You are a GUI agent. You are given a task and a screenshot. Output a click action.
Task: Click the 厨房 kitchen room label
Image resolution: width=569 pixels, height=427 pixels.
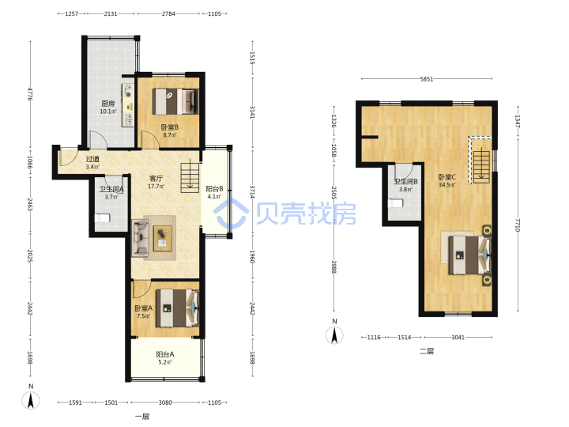click(x=108, y=104)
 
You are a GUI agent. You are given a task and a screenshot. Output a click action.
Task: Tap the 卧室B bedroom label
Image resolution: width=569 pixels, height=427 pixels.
click(x=169, y=127)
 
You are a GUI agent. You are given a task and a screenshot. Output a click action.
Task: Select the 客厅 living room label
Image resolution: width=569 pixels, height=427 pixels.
click(x=156, y=178)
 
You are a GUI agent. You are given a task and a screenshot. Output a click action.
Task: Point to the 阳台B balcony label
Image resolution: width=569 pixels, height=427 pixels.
click(x=214, y=188)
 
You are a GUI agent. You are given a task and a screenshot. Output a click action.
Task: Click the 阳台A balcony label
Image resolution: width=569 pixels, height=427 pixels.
click(x=165, y=354)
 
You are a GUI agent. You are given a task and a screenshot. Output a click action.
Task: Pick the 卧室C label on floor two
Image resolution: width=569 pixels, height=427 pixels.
click(x=447, y=177)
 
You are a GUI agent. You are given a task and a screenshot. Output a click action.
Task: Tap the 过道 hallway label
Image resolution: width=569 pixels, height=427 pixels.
click(x=92, y=159)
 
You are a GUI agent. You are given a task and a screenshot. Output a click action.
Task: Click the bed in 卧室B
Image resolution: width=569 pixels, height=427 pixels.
click(x=175, y=102)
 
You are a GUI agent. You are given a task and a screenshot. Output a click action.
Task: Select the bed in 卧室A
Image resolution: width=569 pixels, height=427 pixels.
click(x=178, y=308)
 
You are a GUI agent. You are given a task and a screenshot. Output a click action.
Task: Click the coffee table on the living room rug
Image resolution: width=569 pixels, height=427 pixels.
click(x=162, y=238)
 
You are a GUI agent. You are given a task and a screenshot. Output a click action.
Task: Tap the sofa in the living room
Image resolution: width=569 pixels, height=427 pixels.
click(x=140, y=238)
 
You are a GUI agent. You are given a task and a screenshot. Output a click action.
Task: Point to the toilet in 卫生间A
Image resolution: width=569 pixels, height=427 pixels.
click(x=102, y=218)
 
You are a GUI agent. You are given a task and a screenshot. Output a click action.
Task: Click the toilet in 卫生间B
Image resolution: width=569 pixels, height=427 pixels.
click(x=396, y=203)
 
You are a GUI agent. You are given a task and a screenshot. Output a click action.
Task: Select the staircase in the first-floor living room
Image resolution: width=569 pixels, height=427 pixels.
click(x=190, y=178)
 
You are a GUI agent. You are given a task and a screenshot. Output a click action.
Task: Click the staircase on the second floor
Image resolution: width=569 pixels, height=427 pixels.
click(x=481, y=164)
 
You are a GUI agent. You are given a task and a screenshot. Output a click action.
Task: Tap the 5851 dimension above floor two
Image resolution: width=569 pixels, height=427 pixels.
click(x=427, y=79)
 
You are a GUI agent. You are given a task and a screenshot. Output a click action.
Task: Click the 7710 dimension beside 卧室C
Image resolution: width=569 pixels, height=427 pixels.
click(x=518, y=225)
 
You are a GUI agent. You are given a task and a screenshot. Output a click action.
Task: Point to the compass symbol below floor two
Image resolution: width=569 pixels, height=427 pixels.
click(x=334, y=334)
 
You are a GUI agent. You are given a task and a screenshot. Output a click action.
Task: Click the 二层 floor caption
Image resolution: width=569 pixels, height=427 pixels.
click(x=427, y=351)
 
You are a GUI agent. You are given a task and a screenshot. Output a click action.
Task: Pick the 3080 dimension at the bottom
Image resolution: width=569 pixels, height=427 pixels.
click(x=165, y=402)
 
